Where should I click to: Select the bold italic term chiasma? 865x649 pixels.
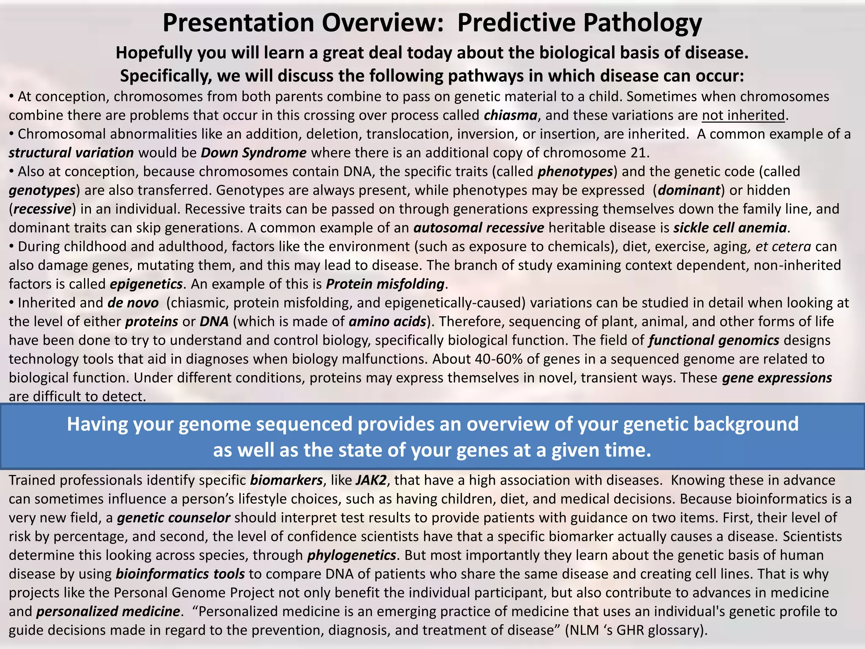pyautogui.click(x=510, y=115)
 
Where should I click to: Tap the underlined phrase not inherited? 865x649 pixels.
pyautogui.click(x=743, y=115)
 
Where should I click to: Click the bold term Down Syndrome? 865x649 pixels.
pyautogui.click(x=253, y=153)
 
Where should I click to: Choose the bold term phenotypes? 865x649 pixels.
pyautogui.click(x=575, y=172)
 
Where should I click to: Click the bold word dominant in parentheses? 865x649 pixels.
pyautogui.click(x=689, y=191)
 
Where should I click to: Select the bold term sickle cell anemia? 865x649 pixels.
pyautogui.click(x=730, y=228)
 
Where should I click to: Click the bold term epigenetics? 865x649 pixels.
pyautogui.click(x=146, y=284)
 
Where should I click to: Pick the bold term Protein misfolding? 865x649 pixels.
pyautogui.click(x=385, y=284)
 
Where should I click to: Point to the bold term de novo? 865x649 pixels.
pyautogui.click(x=133, y=303)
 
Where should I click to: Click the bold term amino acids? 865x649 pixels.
pyautogui.click(x=387, y=322)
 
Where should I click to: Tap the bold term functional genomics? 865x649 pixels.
pyautogui.click(x=714, y=341)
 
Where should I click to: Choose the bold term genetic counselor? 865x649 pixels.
pyautogui.click(x=174, y=518)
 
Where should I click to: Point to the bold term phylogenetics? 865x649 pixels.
pyautogui.click(x=351, y=555)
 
